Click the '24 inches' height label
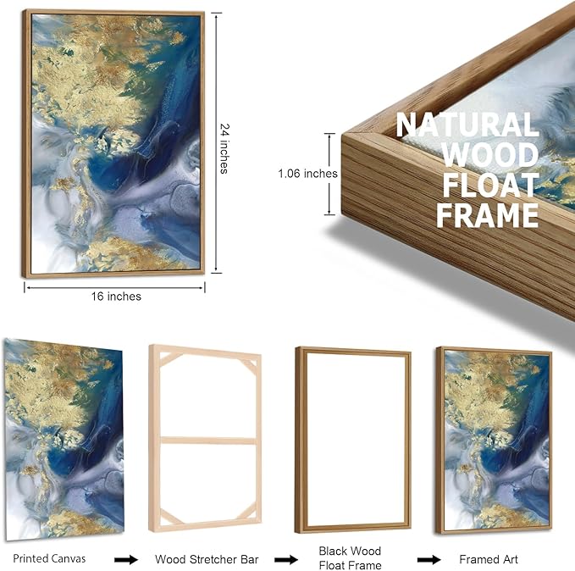click(224, 148)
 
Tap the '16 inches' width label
click(116, 297)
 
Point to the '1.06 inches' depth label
click(307, 173)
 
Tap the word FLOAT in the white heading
click(490, 185)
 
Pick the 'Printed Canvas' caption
click(49, 558)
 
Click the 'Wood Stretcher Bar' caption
click(207, 559)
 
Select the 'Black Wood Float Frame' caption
click(350, 558)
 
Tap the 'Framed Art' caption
click(489, 559)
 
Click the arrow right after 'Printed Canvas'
click(126, 560)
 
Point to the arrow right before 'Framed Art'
click(428, 560)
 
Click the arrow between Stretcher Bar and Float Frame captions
click(286, 560)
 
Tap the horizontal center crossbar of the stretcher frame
click(208, 441)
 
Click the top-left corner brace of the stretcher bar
click(169, 358)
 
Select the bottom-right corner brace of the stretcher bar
click(246, 511)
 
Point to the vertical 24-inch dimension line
click(216, 143)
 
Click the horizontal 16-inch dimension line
click(114, 288)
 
